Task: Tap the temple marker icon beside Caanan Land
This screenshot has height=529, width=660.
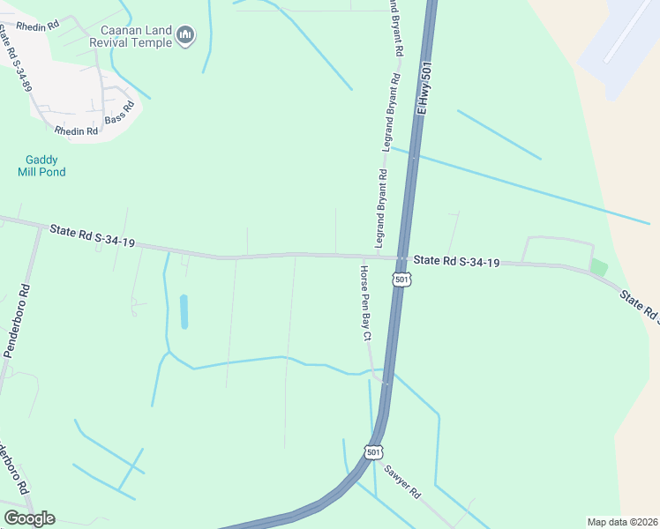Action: click(185, 35)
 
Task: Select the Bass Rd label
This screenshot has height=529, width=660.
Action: click(119, 112)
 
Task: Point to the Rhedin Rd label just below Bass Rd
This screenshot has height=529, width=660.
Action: click(76, 131)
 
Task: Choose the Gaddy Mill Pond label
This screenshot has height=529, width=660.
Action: click(41, 166)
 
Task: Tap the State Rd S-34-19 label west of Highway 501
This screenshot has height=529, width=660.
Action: click(92, 235)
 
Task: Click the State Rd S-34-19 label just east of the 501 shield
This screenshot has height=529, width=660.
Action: click(457, 262)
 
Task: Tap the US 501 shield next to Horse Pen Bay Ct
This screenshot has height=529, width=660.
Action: click(401, 279)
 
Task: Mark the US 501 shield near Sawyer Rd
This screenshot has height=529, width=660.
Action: click(373, 452)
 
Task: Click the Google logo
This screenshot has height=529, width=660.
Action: click(29, 518)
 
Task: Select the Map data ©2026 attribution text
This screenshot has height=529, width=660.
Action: click(622, 521)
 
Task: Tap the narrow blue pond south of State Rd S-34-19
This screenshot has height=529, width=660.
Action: click(184, 311)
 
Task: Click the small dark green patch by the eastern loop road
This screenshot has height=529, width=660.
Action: click(599, 266)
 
